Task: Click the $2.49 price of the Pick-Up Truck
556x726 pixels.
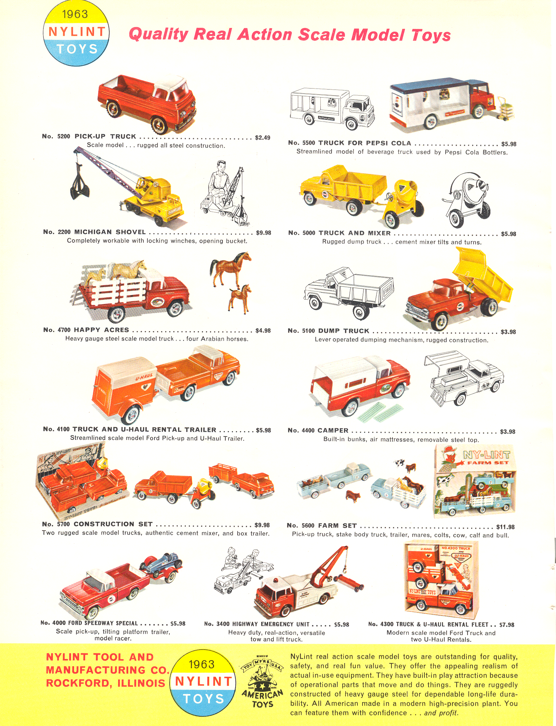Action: point(263,137)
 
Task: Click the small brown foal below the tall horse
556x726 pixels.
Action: point(239,298)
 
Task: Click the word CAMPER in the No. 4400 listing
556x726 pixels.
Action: point(333,430)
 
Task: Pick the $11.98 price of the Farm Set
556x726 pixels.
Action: point(506,527)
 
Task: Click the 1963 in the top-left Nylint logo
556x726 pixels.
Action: point(75,14)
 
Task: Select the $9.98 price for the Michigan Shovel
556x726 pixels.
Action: point(264,233)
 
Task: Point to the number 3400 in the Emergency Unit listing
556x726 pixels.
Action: point(223,624)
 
